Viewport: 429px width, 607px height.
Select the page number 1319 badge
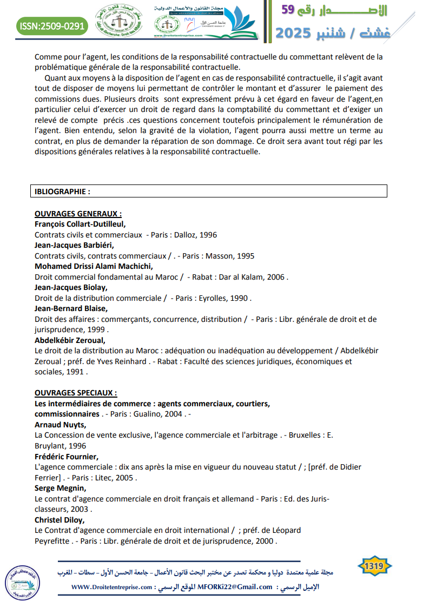click(374, 566)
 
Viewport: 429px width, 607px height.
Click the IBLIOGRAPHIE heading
click(62, 191)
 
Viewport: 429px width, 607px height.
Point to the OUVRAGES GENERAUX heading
click(78, 214)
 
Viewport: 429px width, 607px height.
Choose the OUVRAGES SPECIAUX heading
click(76, 393)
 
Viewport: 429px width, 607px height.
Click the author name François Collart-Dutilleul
click(80, 224)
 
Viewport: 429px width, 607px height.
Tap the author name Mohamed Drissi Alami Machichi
click(94, 266)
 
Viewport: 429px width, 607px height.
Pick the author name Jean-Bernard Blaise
click(71, 308)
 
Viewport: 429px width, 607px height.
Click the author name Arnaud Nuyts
click(60, 424)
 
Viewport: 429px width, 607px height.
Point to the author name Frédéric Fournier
click(67, 456)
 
